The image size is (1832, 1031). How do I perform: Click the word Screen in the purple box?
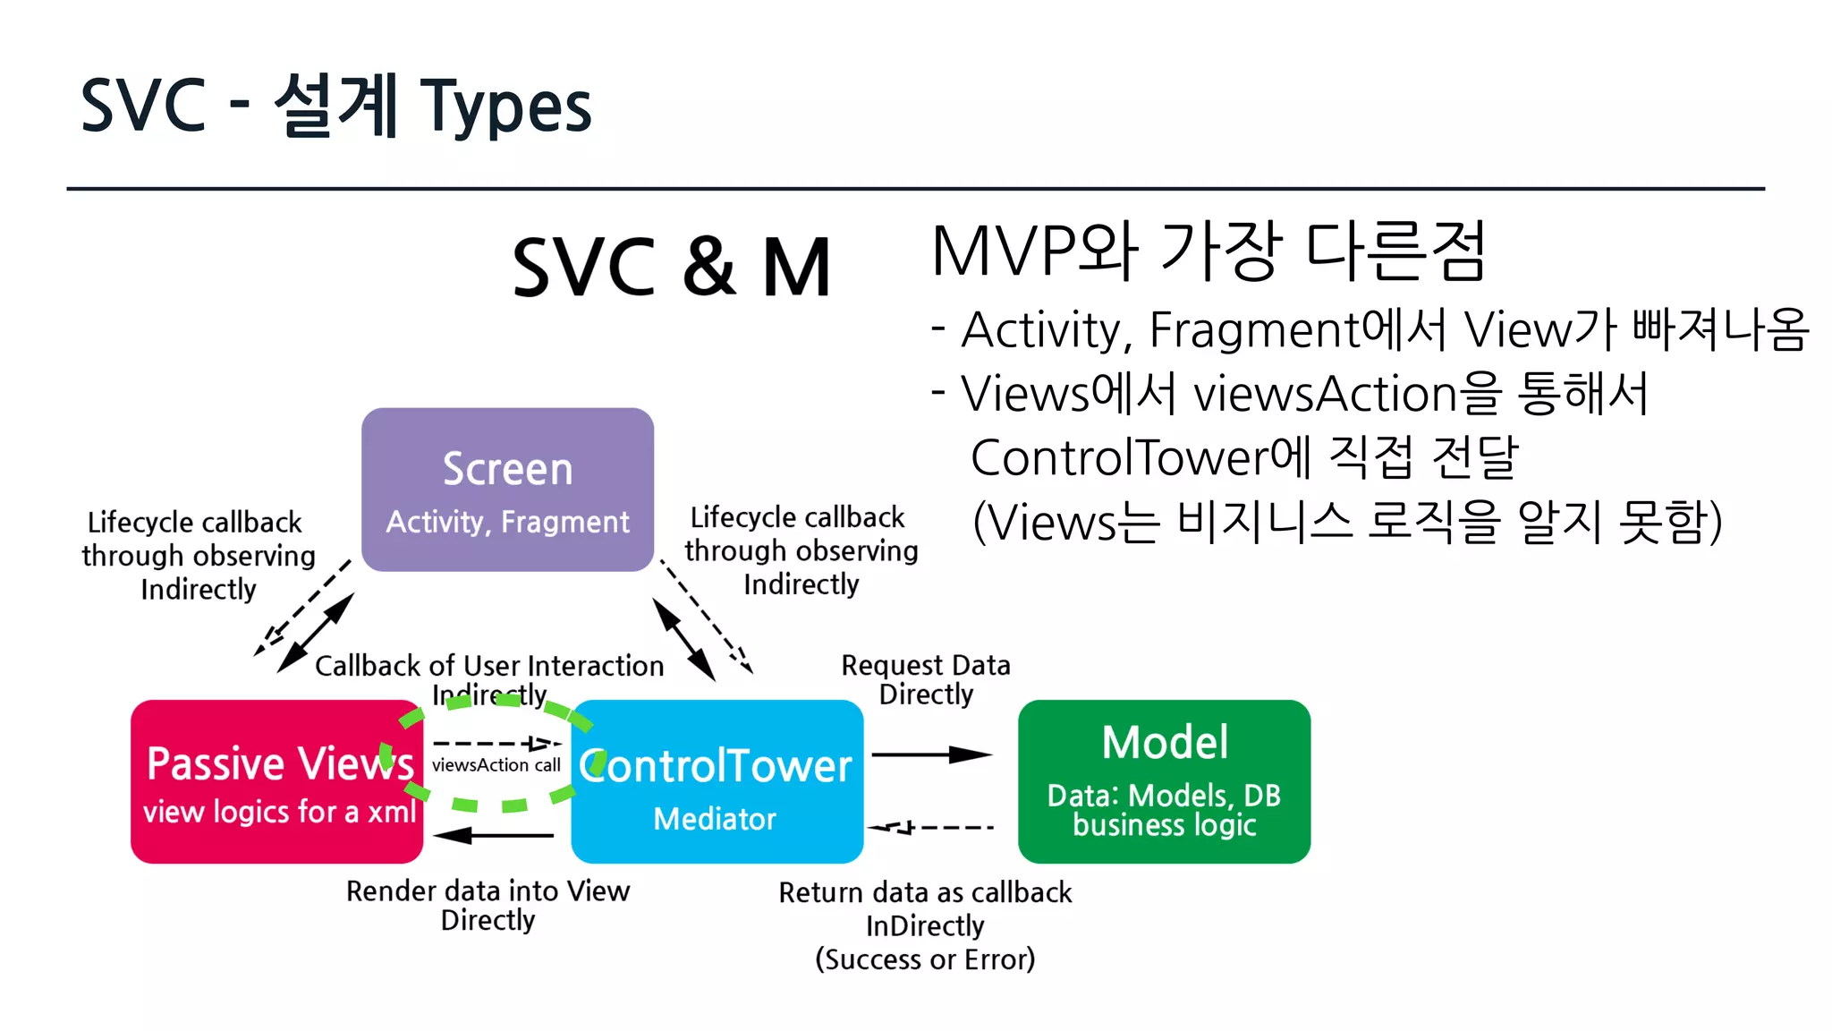(507, 469)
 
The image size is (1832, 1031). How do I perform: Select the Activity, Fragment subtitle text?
(507, 522)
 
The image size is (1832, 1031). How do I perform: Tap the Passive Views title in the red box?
(279, 763)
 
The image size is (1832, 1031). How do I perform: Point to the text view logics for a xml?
(279, 812)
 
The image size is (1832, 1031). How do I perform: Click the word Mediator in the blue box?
(715, 819)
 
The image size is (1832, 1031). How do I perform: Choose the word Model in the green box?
(1165, 743)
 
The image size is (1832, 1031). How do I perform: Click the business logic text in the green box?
(1165, 825)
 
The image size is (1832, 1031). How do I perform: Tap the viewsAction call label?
(496, 765)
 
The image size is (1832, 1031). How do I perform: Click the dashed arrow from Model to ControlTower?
(930, 827)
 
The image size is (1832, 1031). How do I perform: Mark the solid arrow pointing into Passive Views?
(495, 835)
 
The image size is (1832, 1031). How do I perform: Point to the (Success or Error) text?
(925, 959)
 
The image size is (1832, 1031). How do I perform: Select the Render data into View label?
(488, 891)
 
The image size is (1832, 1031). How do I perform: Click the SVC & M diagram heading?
(671, 267)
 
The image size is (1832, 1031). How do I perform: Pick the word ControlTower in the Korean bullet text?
(1119, 457)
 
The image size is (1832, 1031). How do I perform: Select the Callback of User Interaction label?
(489, 666)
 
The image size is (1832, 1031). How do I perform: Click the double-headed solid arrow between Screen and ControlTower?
(683, 639)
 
